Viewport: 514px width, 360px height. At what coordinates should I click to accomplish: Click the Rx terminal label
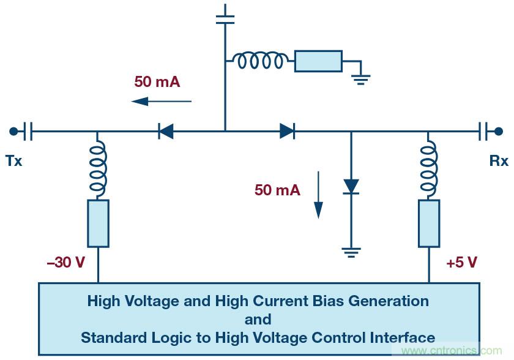pyautogui.click(x=499, y=161)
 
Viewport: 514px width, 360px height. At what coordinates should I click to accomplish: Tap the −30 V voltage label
pyautogui.click(x=65, y=263)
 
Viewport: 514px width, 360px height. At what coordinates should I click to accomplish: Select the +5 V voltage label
pyautogui.click(x=461, y=263)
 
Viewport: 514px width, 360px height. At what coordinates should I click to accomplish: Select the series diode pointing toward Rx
pyautogui.click(x=287, y=130)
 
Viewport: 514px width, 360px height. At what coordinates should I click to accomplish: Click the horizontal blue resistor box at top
pyautogui.click(x=318, y=61)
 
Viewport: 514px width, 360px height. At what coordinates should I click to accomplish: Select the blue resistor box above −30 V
pyautogui.click(x=98, y=223)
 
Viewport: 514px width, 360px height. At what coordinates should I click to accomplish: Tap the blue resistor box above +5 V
pyautogui.click(x=429, y=223)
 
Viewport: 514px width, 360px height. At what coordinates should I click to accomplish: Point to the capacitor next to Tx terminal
pyautogui.click(x=28, y=130)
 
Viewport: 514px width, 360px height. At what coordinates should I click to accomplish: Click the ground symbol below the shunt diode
pyautogui.click(x=351, y=251)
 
